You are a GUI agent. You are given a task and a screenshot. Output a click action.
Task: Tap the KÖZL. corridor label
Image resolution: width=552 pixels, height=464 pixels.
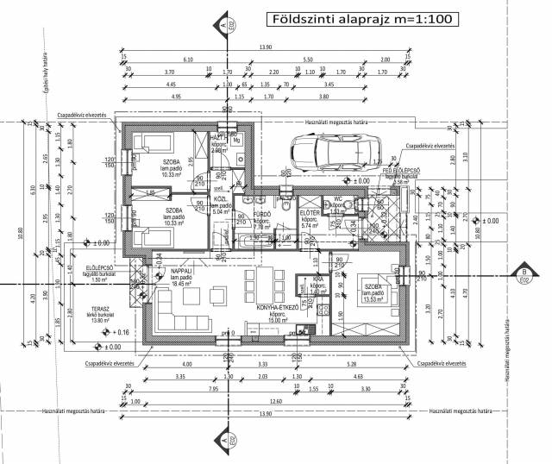[x=221, y=201]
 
